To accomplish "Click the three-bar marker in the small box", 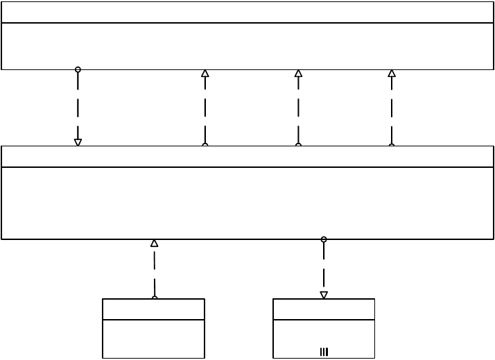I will [324, 352].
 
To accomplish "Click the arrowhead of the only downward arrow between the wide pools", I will [78, 142].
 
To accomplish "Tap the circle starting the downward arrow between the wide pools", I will [78, 69].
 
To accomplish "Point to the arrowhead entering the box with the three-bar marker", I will [324, 295].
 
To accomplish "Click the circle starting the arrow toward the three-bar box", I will [324, 239].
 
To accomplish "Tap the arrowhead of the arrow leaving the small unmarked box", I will [154, 243].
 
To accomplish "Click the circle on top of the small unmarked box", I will [155, 298].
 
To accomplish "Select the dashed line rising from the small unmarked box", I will [155, 271].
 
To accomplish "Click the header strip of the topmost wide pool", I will [247, 12].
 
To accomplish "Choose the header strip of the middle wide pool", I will [247, 157].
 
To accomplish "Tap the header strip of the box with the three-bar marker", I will [324, 309].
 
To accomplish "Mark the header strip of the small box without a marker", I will [153, 309].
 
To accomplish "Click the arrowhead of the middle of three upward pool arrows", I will [298, 73].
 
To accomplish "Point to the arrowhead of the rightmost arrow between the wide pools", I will [392, 73].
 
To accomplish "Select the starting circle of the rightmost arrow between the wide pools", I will [392, 146].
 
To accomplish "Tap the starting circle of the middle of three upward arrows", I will [299, 146].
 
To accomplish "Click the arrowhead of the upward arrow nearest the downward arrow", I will [205, 73].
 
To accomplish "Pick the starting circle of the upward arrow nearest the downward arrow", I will [205, 146].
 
